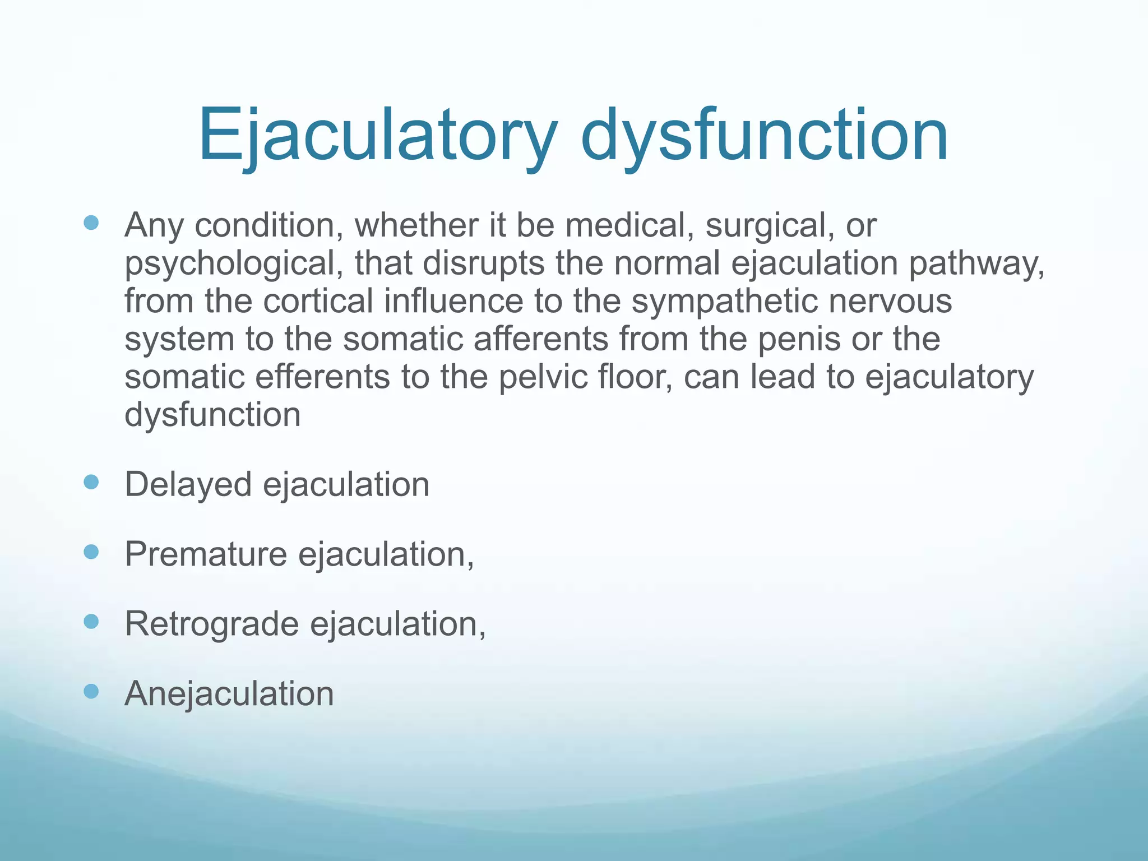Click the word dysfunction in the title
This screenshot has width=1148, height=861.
764,136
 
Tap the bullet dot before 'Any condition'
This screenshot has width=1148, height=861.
91,223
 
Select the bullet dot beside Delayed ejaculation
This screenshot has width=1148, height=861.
91,482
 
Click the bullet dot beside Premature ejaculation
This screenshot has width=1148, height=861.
91,552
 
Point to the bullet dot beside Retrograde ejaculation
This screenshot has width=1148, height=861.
91,622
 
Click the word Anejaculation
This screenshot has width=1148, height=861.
229,693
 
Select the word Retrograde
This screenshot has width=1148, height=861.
211,624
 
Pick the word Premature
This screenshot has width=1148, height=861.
206,554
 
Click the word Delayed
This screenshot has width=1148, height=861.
188,484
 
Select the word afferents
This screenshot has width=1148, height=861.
540,339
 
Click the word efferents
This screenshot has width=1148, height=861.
322,377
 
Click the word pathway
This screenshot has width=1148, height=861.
976,263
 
